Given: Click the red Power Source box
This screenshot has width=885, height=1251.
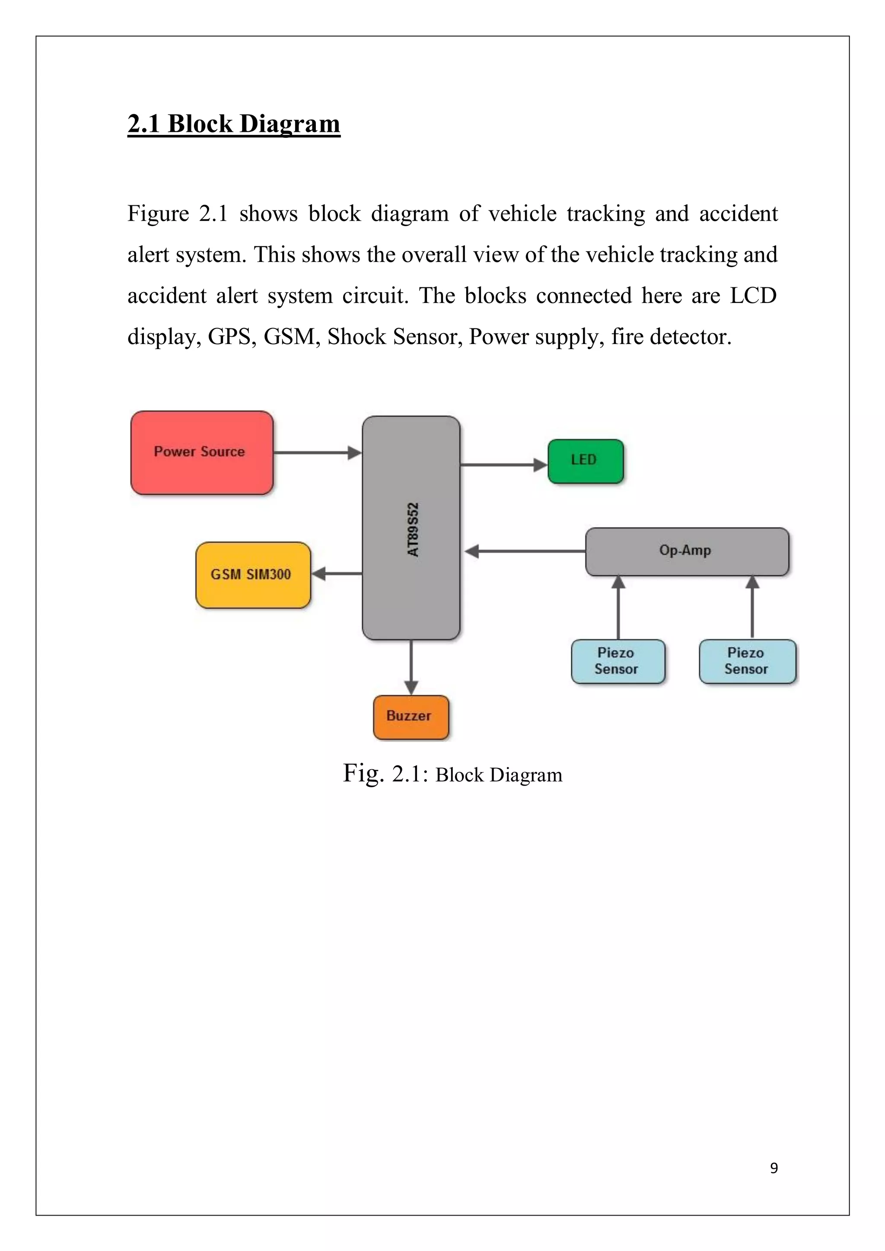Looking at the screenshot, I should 202,453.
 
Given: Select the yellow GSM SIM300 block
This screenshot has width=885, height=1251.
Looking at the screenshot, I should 253,575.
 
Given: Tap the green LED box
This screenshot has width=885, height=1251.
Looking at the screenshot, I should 585,461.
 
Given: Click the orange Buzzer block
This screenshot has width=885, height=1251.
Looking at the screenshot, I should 411,717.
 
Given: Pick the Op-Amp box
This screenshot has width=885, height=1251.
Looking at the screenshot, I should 687,551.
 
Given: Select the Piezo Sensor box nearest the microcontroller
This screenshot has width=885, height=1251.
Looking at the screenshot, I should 618,662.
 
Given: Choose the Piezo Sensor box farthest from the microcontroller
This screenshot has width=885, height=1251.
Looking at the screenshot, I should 747,662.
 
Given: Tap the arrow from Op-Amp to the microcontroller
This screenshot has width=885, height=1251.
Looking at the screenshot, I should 525,551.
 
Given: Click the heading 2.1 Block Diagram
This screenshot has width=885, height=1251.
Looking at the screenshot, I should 234,124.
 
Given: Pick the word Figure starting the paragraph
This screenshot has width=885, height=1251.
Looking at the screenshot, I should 158,213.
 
